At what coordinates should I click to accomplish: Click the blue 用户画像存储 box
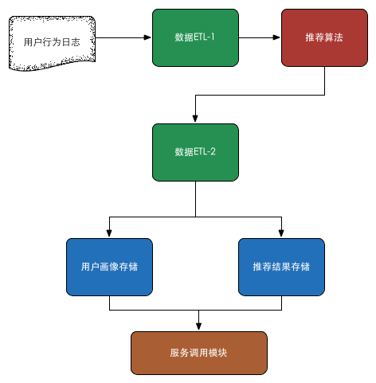click(109, 267)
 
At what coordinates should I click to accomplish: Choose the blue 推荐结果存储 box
click(281, 267)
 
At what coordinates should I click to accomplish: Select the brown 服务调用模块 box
click(198, 353)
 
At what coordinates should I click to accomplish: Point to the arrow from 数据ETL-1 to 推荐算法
click(260, 37)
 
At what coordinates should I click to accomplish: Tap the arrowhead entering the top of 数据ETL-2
click(195, 119)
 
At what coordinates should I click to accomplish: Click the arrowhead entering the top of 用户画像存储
click(109, 233)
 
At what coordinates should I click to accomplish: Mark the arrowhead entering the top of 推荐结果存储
click(281, 233)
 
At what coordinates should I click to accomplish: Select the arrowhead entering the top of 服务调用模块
click(198, 326)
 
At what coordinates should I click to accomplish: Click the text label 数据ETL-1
click(195, 37)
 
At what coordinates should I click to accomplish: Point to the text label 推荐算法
click(323, 37)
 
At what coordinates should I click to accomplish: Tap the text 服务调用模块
click(198, 353)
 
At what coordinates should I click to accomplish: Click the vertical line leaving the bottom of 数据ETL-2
click(195, 199)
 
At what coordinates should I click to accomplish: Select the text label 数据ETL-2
click(195, 151)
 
